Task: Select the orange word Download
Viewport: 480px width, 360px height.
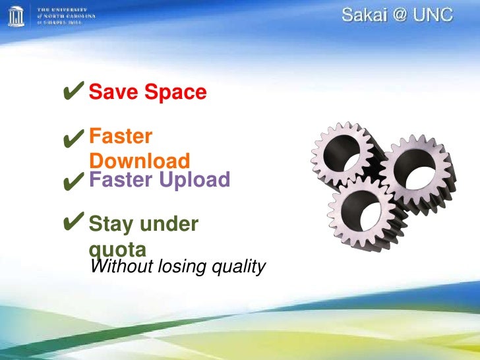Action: point(139,161)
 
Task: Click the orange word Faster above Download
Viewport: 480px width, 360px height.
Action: point(121,136)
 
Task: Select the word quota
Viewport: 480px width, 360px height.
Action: point(117,249)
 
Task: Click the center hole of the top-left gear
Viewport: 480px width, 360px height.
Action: point(345,156)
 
